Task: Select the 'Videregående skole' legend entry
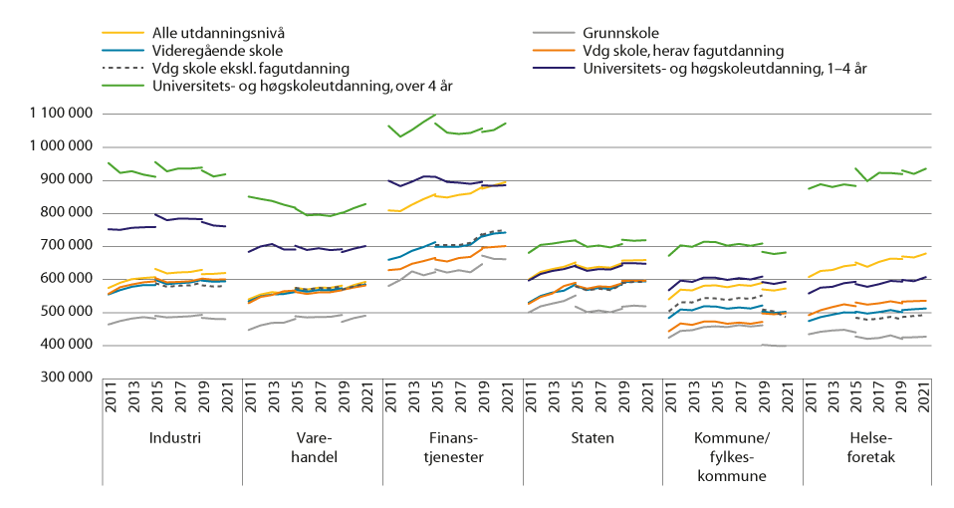[208, 50]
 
